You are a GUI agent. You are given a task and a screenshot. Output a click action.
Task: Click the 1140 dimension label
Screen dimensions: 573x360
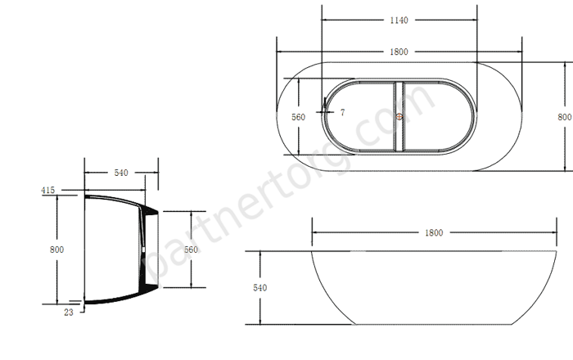(399, 20)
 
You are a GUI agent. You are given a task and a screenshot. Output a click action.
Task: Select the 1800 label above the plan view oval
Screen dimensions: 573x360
(399, 52)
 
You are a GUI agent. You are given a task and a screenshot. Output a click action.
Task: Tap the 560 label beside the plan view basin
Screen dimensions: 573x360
(298, 117)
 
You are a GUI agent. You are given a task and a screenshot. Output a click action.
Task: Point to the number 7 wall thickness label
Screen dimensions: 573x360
(342, 112)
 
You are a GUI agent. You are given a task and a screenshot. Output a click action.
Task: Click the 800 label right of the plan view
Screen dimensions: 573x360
(565, 117)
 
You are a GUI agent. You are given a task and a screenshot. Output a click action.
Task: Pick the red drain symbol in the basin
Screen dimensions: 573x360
(399, 117)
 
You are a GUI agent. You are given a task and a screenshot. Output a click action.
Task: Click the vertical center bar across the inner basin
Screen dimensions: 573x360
(399, 116)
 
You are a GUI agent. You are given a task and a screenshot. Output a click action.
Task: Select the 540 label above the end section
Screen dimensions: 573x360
(121, 173)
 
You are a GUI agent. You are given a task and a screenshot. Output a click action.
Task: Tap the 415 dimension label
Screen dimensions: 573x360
(47, 190)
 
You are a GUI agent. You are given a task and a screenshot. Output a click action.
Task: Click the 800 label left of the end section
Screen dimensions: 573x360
(56, 250)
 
